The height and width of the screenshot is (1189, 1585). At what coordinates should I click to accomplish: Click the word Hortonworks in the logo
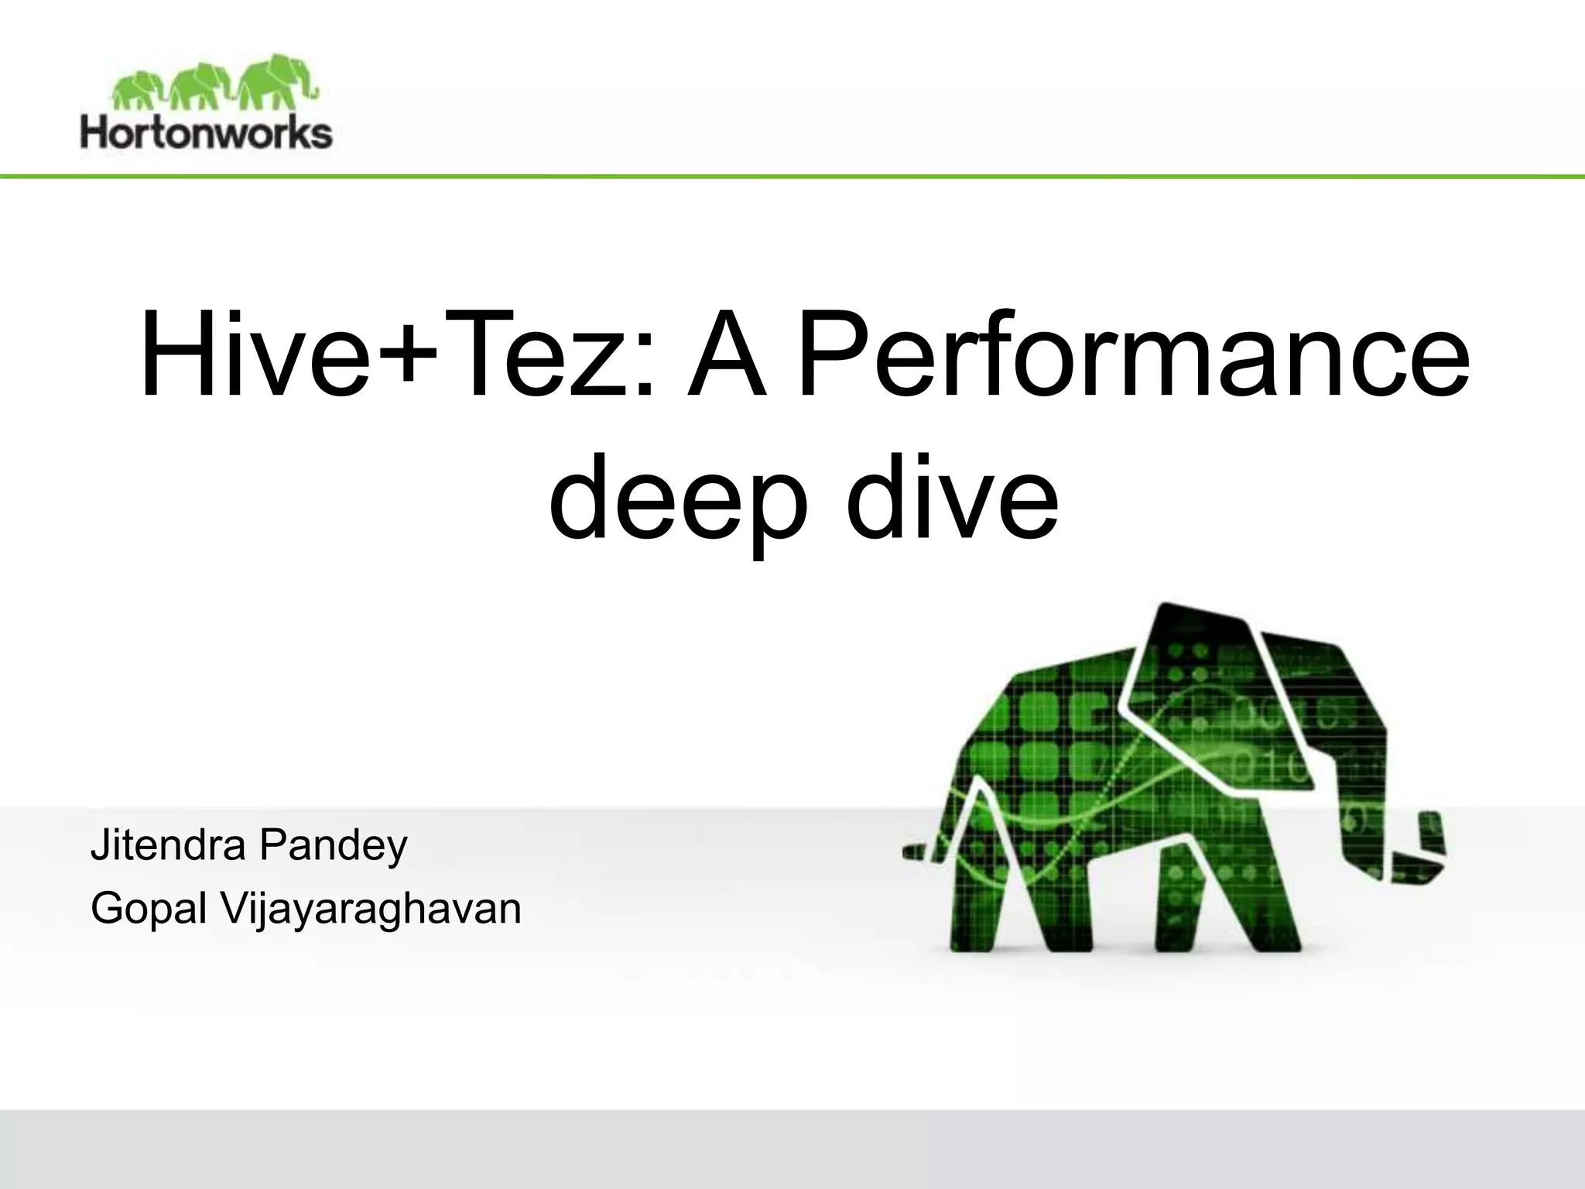pos(206,132)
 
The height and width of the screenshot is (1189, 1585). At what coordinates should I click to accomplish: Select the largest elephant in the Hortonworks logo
pos(273,81)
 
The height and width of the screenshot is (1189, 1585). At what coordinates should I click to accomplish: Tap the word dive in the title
pos(951,495)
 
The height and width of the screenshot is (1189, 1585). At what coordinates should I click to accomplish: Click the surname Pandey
pos(333,845)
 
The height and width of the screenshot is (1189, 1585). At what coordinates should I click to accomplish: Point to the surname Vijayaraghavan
pos(371,908)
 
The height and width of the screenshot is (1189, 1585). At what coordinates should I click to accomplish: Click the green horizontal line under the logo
pos(792,177)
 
